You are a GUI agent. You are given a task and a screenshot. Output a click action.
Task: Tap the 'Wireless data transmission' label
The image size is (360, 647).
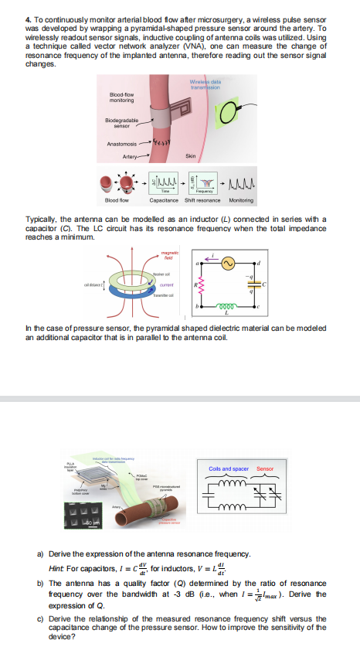pyautogui.click(x=205, y=85)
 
